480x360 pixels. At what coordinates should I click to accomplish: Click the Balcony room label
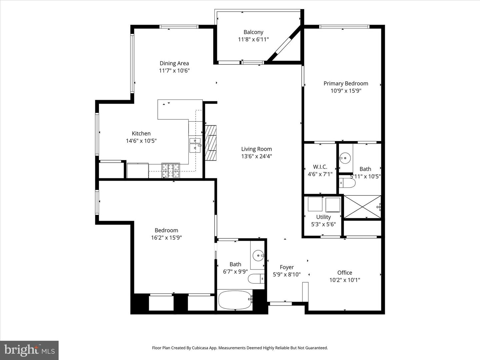253,32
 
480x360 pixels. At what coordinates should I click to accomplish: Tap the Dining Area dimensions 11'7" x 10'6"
174,71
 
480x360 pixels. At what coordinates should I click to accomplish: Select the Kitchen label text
141,133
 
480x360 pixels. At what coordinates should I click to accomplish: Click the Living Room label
256,149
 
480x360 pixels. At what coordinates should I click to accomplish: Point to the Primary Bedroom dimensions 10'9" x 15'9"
346,91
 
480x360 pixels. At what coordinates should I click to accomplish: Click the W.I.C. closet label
320,167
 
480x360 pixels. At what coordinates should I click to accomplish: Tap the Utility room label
323,217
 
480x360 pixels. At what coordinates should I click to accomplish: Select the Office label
345,273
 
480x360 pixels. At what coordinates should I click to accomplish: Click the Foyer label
287,267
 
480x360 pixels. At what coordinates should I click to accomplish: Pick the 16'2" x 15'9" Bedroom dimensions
166,238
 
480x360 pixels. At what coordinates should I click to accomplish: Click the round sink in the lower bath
258,256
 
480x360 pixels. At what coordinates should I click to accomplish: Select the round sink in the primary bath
345,158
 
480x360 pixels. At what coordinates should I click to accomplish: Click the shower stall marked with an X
362,207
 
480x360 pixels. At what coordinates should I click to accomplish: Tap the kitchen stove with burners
171,171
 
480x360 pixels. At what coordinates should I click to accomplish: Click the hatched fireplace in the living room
211,143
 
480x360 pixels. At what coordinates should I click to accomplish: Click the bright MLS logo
29,350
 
